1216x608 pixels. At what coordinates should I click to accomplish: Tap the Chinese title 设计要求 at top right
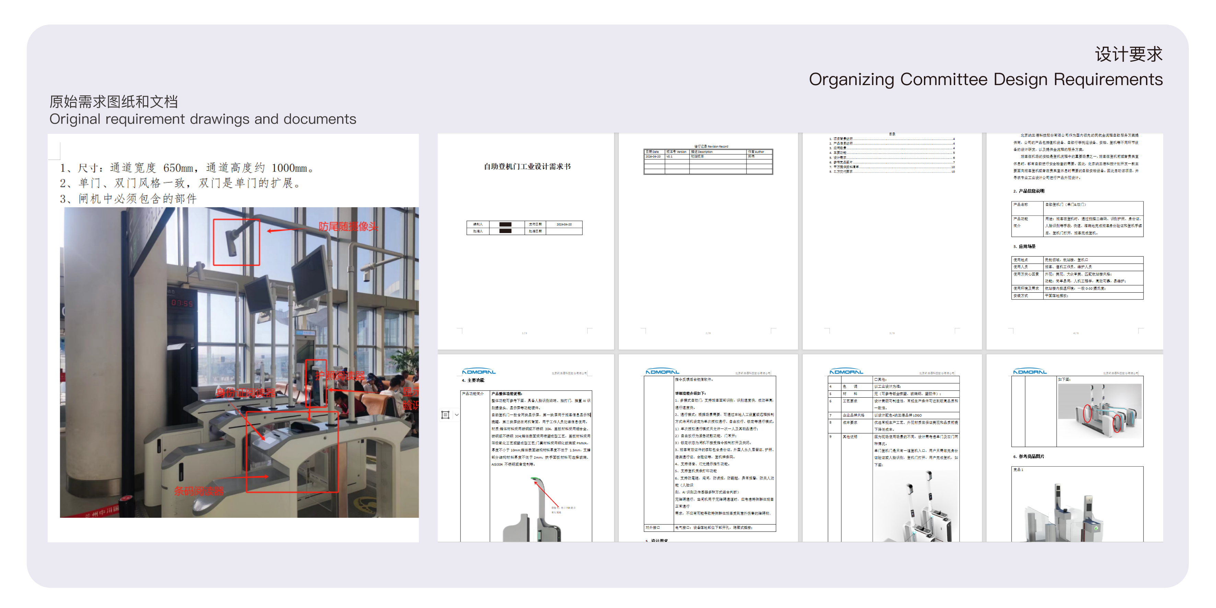1128,54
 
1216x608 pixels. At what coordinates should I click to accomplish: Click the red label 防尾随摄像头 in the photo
348,226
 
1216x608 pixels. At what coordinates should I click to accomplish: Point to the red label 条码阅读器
198,491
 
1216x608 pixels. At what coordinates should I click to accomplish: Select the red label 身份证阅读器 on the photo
245,393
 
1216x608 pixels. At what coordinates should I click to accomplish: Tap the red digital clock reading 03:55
182,303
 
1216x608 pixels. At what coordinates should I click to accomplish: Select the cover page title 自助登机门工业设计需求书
527,166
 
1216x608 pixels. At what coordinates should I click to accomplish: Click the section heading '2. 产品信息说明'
1029,191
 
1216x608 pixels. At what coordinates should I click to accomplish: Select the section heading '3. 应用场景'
1024,246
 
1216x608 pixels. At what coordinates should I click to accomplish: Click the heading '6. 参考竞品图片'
1029,456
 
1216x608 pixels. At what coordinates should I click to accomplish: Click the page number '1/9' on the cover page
524,333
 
